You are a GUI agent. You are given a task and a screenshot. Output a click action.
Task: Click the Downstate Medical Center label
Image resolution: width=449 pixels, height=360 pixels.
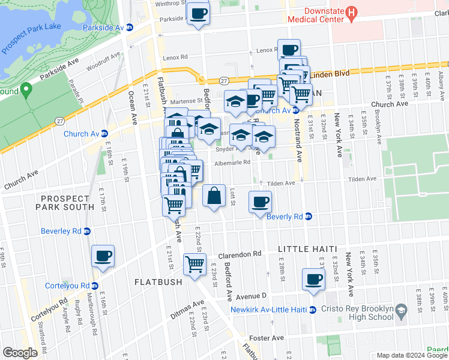pyautogui.click(x=313, y=15)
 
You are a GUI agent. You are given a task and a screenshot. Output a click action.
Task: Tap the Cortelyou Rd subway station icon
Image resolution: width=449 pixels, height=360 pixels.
pyautogui.click(x=95, y=286)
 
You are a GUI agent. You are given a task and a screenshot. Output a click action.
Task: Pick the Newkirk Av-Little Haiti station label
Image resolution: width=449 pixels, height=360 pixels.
pyautogui.click(x=269, y=310)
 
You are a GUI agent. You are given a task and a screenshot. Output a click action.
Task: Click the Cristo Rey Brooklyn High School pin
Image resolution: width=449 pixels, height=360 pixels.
pyautogui.click(x=401, y=310)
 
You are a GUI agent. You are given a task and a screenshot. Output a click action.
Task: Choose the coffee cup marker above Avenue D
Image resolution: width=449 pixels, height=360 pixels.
pyautogui.click(x=313, y=278)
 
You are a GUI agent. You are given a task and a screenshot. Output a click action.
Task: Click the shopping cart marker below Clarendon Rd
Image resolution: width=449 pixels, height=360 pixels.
pyautogui.click(x=195, y=263)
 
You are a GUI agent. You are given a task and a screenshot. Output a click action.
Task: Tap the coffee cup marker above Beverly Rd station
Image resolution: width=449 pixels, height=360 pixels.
pyautogui.click(x=260, y=202)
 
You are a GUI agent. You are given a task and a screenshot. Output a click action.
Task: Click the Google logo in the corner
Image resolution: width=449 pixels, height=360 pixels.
pyautogui.click(x=20, y=352)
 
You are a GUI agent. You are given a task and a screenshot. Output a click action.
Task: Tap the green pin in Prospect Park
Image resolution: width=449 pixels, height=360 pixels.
pyautogui.click(x=25, y=91)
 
